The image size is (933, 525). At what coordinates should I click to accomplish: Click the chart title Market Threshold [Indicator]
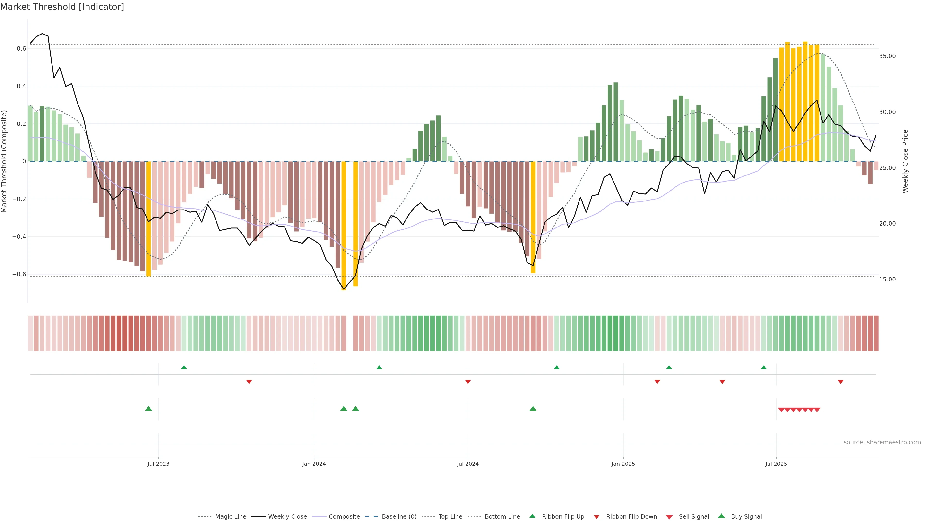pyautogui.click(x=62, y=7)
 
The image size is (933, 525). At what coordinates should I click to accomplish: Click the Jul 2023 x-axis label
pyautogui.click(x=158, y=464)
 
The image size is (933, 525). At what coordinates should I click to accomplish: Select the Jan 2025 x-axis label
pyautogui.click(x=623, y=464)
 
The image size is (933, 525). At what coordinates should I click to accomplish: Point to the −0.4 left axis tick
pyautogui.click(x=19, y=236)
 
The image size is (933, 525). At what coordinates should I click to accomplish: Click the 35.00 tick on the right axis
pyautogui.click(x=887, y=56)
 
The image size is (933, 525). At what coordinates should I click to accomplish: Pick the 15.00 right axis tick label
pyautogui.click(x=887, y=279)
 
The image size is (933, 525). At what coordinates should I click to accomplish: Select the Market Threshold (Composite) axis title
pyautogui.click(x=4, y=161)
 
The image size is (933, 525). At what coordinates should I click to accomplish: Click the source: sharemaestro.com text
pyautogui.click(x=882, y=442)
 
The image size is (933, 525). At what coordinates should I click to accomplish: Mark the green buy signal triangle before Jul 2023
pyautogui.click(x=148, y=409)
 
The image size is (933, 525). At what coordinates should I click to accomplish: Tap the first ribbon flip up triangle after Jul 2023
pyautogui.click(x=184, y=367)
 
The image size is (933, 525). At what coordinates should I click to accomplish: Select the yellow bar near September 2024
pyautogui.click(x=533, y=217)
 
